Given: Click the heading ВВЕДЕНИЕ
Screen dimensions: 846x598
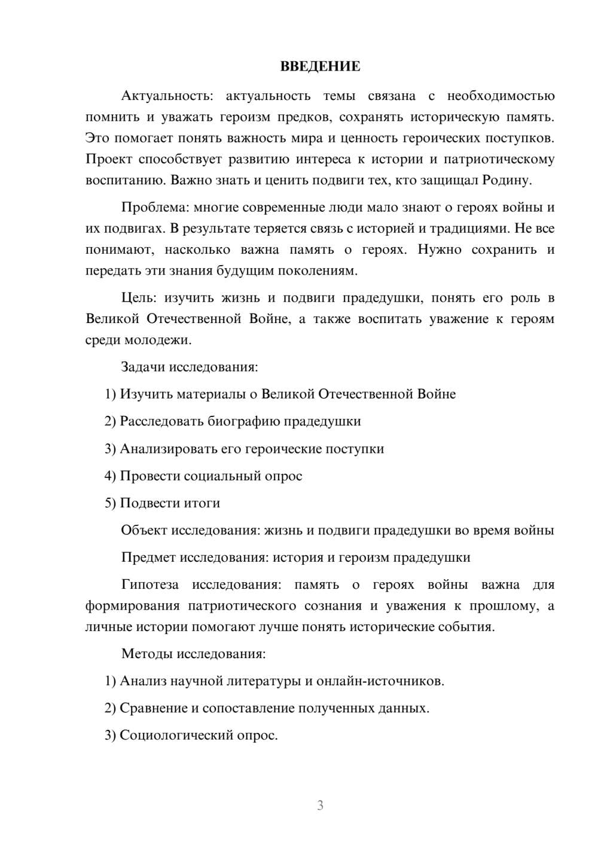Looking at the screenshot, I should [320, 66].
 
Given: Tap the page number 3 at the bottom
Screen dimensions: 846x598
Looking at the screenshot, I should [320, 805].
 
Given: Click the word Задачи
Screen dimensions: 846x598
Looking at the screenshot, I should [144, 367].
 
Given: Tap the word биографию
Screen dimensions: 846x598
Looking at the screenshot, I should [243, 421].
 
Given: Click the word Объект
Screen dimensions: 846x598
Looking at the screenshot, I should [144, 531].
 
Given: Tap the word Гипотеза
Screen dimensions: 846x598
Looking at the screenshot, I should [149, 585].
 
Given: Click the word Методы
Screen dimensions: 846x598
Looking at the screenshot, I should [144, 653].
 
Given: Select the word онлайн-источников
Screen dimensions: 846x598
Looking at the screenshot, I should [379, 681].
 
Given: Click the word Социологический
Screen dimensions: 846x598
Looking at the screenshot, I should [176, 735].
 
